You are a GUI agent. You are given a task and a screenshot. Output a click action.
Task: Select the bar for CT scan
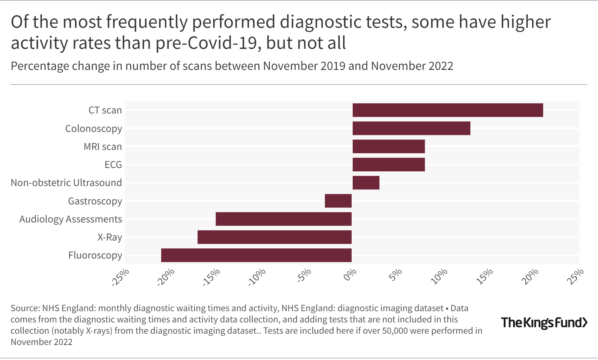pyautogui.click(x=447, y=110)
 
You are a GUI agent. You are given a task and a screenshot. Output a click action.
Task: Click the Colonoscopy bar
pyautogui.click(x=411, y=128)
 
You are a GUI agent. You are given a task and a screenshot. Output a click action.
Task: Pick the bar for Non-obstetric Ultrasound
pyautogui.click(x=366, y=183)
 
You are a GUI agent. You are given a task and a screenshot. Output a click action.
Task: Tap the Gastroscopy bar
pyautogui.click(x=338, y=201)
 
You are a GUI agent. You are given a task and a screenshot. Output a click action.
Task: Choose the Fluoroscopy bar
pyautogui.click(x=256, y=255)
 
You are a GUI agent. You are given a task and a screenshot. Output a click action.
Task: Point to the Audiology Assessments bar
pyautogui.click(x=284, y=219)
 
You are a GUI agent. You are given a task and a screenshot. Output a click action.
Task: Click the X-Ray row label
pyautogui.click(x=110, y=237)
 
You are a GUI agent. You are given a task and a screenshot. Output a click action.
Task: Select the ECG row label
pyautogui.click(x=113, y=165)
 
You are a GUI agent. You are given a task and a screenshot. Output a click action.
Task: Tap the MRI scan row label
pyautogui.click(x=103, y=147)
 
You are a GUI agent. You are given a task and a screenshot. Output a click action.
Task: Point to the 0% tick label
pyautogui.click(x=350, y=275)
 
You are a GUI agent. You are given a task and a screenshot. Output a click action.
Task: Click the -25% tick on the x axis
pyautogui.click(x=121, y=277)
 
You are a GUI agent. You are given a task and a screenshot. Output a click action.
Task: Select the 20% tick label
pyautogui.click(x=530, y=277)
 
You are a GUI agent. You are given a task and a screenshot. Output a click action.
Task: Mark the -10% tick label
pyautogui.click(x=257, y=277)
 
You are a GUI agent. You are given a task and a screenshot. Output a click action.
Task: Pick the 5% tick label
pyautogui.click(x=395, y=275)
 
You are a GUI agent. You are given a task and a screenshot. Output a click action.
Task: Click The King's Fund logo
pyautogui.click(x=544, y=322)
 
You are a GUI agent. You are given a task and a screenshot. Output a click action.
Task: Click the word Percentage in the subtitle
pyautogui.click(x=40, y=66)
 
